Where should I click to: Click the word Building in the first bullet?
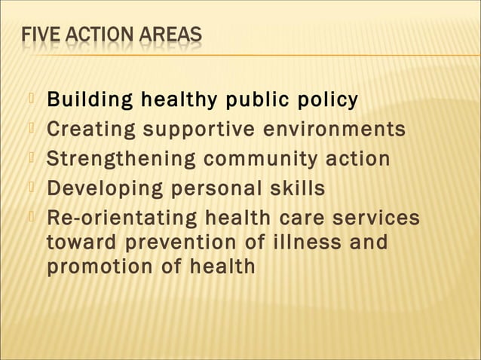click(x=81, y=100)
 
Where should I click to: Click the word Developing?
click(x=96, y=188)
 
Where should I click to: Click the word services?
click(x=375, y=218)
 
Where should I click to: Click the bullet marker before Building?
click(x=31, y=98)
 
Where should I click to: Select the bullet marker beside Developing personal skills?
click(x=31, y=186)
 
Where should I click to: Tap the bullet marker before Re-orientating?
click(x=31, y=215)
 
